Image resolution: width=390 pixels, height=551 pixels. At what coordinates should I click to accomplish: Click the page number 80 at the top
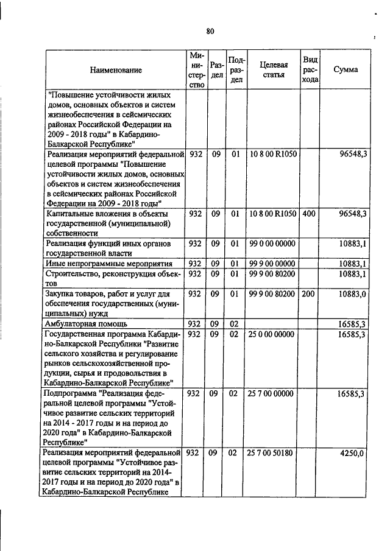coord(210,31)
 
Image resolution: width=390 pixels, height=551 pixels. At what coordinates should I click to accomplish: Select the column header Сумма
coord(346,70)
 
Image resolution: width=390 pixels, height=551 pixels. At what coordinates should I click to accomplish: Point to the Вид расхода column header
coord(310,70)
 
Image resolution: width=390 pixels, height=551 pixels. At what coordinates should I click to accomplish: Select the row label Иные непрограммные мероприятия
coord(108,264)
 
